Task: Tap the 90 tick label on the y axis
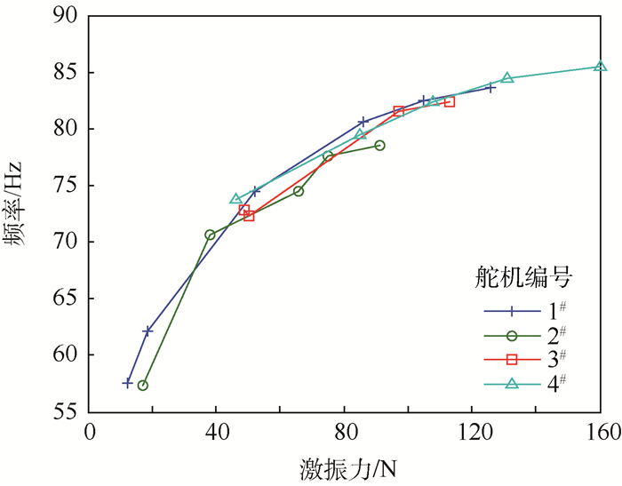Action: point(66,16)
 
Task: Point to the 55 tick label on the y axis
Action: point(66,411)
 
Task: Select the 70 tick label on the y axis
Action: point(66,242)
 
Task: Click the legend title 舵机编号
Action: point(521,277)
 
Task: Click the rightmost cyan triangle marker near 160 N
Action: point(601,66)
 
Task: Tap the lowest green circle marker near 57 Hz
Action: point(143,386)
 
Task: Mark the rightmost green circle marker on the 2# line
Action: point(379,145)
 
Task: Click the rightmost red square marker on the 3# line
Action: point(449,102)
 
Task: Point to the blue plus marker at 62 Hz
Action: point(148,331)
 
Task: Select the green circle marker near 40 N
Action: point(210,235)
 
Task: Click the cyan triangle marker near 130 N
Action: point(507,77)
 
